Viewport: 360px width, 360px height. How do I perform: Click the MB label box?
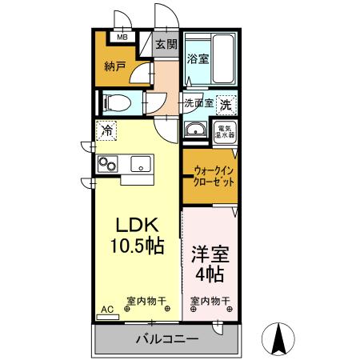click(123, 37)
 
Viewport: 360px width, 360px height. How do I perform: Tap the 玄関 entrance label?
click(166, 45)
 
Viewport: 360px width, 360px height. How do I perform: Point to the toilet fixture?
click(115, 102)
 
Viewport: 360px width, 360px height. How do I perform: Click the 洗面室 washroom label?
click(198, 103)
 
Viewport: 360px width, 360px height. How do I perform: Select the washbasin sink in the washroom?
click(194, 130)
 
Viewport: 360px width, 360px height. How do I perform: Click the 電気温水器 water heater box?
click(224, 132)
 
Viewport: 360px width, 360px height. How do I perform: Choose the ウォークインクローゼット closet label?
click(214, 175)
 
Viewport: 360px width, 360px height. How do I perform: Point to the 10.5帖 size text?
click(137, 246)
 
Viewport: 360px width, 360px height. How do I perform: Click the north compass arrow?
click(281, 338)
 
